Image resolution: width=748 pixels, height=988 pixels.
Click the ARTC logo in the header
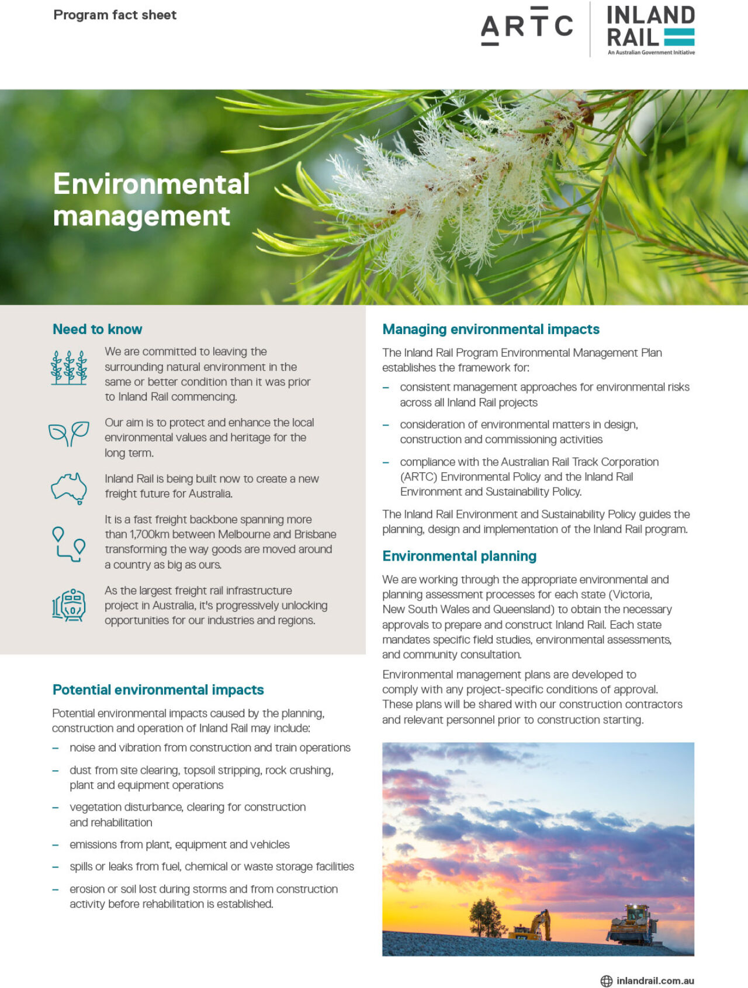point(527,26)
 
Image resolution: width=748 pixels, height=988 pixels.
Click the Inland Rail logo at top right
point(650,29)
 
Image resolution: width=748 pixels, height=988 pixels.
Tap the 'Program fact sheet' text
point(115,15)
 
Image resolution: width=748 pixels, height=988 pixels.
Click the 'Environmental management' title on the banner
point(151,200)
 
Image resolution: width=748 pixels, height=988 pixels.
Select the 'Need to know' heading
point(97,329)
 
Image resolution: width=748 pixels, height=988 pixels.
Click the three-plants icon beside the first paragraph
point(69,367)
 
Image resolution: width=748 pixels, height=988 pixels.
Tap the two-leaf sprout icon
point(69,433)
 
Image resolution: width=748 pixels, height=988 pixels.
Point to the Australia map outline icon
point(69,488)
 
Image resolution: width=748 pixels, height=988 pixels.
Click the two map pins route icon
point(69,544)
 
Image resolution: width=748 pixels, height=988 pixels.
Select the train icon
point(69,604)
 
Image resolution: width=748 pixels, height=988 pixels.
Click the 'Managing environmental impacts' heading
point(490,329)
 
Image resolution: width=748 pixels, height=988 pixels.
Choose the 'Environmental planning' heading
point(459,556)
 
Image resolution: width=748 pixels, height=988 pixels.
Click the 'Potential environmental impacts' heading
point(158,690)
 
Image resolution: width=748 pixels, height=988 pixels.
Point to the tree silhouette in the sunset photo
point(485,917)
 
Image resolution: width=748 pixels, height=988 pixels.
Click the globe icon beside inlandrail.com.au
point(607,981)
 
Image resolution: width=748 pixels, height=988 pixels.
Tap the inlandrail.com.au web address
point(655,981)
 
